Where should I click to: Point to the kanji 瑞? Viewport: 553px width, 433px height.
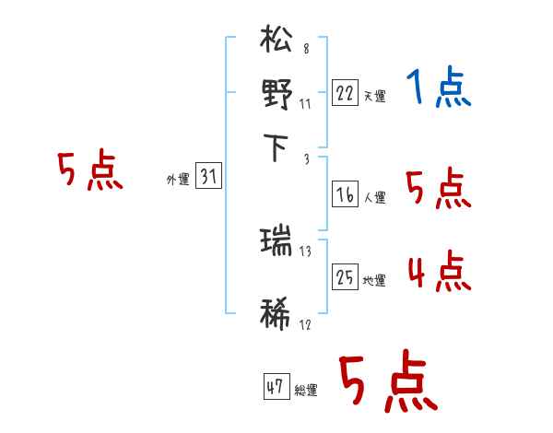[277, 243]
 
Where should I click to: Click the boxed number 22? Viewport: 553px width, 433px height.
[345, 94]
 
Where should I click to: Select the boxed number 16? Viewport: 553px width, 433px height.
[345, 194]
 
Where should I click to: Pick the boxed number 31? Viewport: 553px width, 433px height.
[208, 178]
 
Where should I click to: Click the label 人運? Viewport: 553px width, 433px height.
[374, 197]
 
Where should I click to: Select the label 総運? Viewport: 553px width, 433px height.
[306, 390]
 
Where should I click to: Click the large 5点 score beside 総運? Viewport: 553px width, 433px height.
[388, 384]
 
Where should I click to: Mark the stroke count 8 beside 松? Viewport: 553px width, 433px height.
[305, 49]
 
